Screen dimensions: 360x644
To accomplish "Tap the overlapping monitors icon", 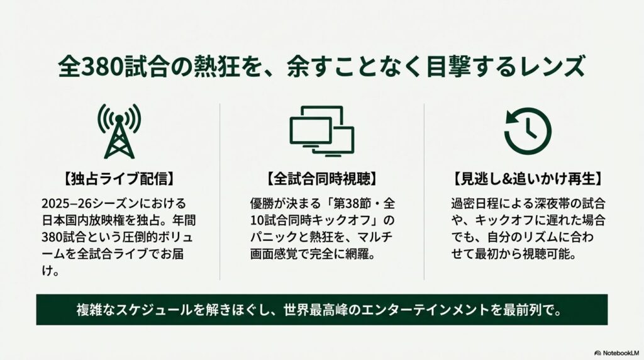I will (x=321, y=132).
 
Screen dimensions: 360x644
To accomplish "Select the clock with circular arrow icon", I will (x=527, y=132).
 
